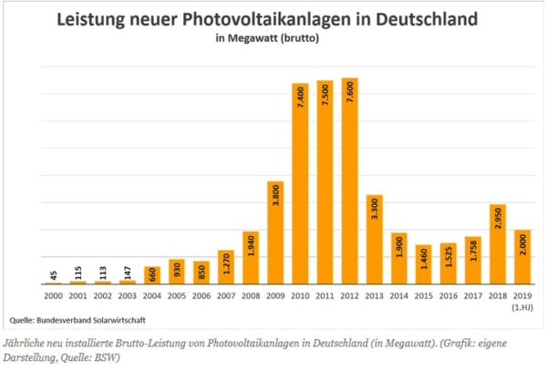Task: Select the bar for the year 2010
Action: (x=300, y=183)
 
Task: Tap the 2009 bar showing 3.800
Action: (x=275, y=232)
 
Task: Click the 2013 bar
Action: (x=375, y=239)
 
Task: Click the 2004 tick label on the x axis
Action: (x=152, y=296)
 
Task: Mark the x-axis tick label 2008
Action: (x=251, y=296)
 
